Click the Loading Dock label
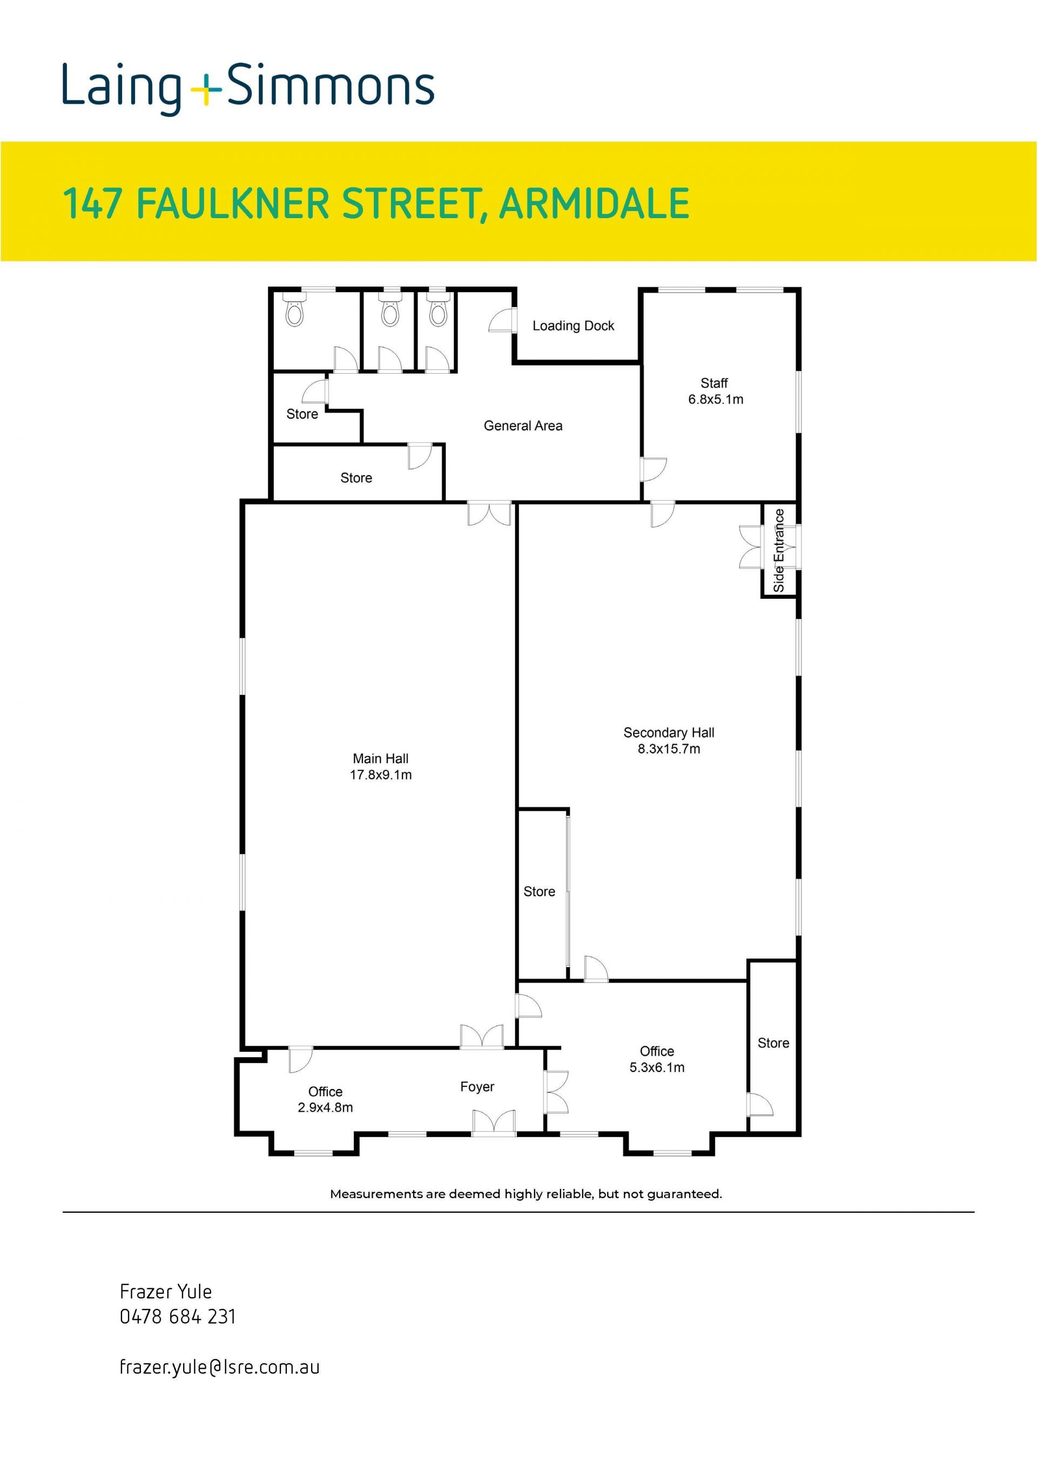pos(573,326)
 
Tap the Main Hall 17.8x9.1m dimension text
pos(381,774)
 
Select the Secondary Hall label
pos(669,732)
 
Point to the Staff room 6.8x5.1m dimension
pos(715,399)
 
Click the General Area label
pos(523,426)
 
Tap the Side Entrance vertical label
pos(778,550)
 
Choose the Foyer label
pos(477,1087)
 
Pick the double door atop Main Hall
pos(489,514)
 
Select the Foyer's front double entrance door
pos(494,1123)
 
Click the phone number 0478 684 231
pos(178,1316)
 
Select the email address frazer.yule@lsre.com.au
pos(220,1367)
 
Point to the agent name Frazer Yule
pos(166,1292)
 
